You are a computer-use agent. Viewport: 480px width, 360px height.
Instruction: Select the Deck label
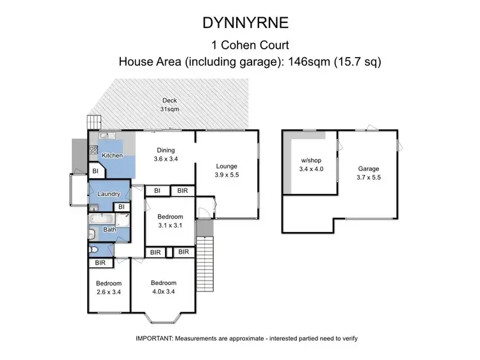click(x=169, y=101)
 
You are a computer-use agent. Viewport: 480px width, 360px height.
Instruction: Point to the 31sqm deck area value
click(x=169, y=109)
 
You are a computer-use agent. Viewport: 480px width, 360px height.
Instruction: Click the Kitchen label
click(x=112, y=156)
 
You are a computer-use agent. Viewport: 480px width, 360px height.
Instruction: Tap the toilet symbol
click(x=93, y=250)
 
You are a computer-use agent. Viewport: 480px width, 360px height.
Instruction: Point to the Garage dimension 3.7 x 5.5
click(x=369, y=177)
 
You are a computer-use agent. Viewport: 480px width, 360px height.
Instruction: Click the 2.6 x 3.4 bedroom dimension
click(x=109, y=292)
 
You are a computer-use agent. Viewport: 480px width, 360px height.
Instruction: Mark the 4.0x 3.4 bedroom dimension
click(x=163, y=292)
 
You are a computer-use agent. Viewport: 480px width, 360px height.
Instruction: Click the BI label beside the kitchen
click(x=95, y=171)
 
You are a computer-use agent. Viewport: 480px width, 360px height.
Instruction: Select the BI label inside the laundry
click(x=121, y=207)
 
